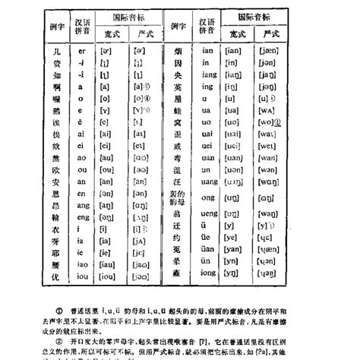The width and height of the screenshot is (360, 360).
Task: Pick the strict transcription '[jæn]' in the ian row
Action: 270,52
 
